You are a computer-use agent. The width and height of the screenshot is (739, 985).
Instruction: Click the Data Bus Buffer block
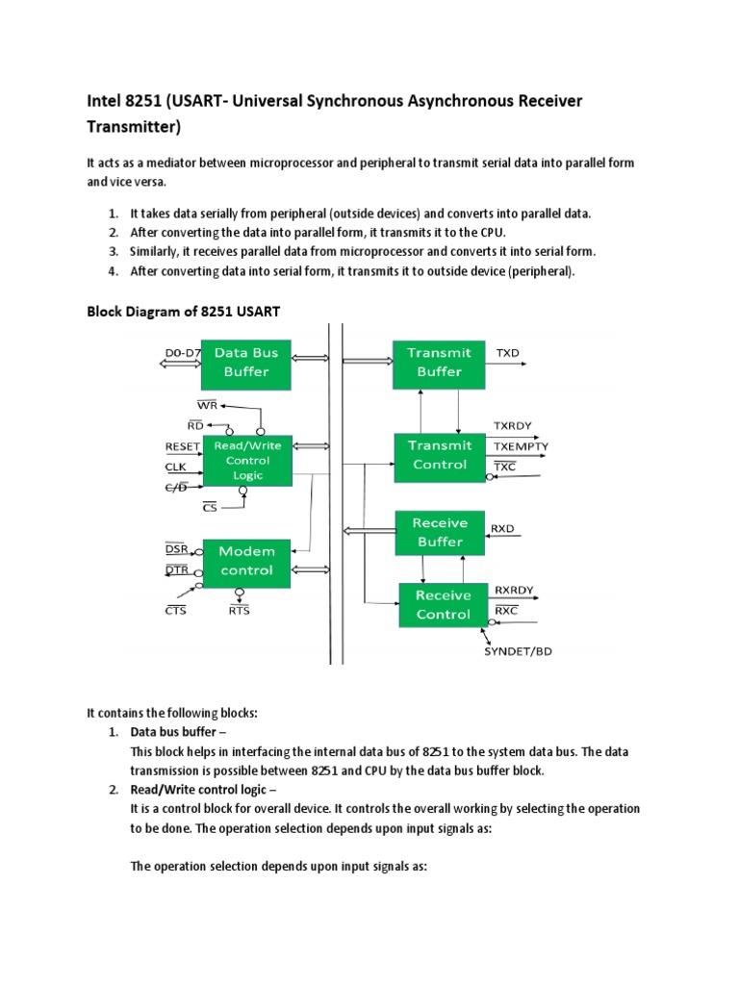(246, 362)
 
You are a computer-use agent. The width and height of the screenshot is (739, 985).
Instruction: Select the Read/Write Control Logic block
(246, 461)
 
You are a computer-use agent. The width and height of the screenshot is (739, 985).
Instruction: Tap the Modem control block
(246, 561)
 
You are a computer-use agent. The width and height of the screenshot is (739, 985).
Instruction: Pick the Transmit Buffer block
(439, 363)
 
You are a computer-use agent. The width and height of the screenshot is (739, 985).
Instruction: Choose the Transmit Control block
(439, 456)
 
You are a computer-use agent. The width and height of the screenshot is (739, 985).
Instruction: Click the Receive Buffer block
(439, 533)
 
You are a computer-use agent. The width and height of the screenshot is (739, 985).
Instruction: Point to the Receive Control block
(443, 605)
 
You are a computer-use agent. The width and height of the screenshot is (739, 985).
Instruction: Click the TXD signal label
(507, 353)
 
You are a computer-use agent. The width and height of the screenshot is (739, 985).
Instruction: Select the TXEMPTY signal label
(522, 446)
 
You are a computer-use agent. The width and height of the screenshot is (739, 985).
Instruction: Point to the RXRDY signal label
(514, 589)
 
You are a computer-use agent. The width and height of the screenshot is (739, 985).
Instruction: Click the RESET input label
(183, 446)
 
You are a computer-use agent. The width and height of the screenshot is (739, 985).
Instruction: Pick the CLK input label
(175, 467)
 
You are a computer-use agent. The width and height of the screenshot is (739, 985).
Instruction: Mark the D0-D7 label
(181, 353)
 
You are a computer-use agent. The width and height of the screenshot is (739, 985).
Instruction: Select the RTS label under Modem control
(240, 610)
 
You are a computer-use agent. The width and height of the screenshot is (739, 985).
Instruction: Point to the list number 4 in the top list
(113, 271)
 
